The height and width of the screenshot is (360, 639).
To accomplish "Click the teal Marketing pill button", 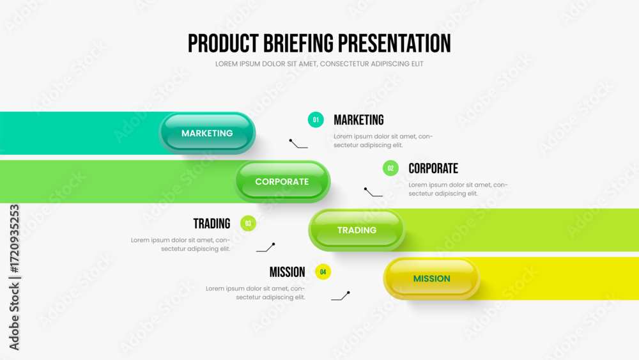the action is point(207,133).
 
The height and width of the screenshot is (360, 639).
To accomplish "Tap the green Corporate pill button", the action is point(282,182).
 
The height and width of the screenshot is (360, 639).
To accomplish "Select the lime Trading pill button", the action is point(357,230).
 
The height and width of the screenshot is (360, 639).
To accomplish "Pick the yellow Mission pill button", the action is point(431,278).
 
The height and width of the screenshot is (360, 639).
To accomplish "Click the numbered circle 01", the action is point(316,120).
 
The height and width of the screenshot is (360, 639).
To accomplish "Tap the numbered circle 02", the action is point(390,168).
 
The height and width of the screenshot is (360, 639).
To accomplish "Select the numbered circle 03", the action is point(248,223).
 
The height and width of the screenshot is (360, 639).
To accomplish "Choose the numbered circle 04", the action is point(323,272).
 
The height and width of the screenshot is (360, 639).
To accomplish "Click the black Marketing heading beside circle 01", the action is point(358,120).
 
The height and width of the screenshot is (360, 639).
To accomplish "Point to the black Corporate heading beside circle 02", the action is point(433,168).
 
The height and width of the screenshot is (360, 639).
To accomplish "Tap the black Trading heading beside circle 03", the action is point(212,223).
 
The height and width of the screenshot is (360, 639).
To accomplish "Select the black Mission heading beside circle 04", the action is point(288,272).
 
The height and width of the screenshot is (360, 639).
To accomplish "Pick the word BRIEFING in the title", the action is point(298,43).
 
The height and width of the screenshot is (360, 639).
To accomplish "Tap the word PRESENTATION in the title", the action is point(394,43).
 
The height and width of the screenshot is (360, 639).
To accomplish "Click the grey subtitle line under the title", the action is point(319,64).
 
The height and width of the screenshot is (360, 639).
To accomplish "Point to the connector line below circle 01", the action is point(298,145).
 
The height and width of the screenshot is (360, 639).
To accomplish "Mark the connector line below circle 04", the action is point(341,295).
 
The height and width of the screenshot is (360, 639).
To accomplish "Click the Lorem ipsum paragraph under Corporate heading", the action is point(458,189).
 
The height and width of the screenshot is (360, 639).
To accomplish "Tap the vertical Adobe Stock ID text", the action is point(14,278).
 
